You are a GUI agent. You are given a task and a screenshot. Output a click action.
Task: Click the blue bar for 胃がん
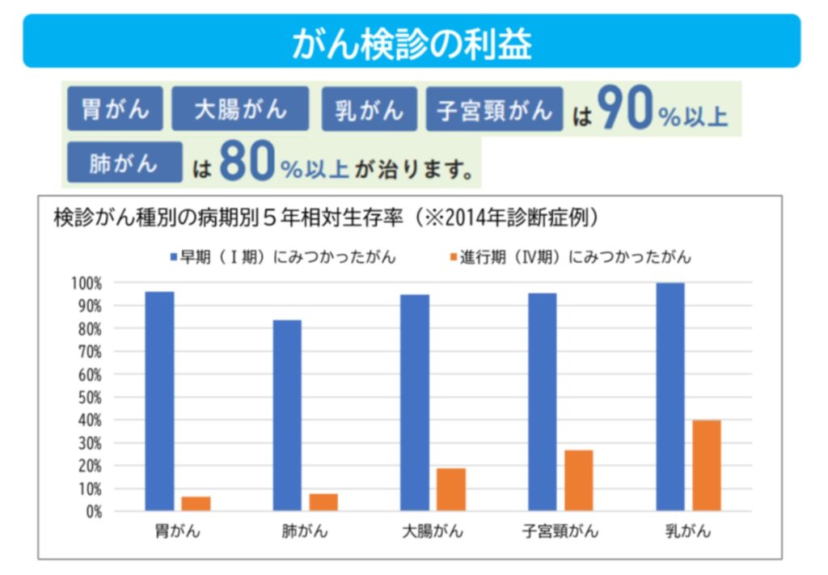159,401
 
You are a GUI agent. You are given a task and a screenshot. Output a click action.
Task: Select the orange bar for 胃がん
196,503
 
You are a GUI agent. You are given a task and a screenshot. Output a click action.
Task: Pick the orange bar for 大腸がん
451,489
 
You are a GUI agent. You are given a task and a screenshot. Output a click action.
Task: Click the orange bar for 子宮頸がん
578,480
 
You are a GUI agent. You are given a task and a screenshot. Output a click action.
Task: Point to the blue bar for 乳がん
670,396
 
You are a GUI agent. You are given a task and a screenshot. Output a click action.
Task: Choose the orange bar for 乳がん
707,465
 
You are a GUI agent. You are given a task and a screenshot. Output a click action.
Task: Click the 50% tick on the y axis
87,397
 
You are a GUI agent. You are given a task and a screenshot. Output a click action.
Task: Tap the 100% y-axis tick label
85,283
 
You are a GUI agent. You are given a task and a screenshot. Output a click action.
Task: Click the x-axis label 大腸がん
433,531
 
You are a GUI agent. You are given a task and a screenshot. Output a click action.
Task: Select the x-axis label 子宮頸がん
560,531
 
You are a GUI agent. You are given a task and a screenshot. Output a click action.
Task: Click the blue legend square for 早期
172,257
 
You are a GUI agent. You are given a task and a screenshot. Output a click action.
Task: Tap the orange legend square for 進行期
454,257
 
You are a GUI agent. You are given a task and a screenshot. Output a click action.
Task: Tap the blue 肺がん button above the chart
125,163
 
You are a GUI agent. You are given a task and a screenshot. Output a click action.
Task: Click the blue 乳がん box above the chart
370,109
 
